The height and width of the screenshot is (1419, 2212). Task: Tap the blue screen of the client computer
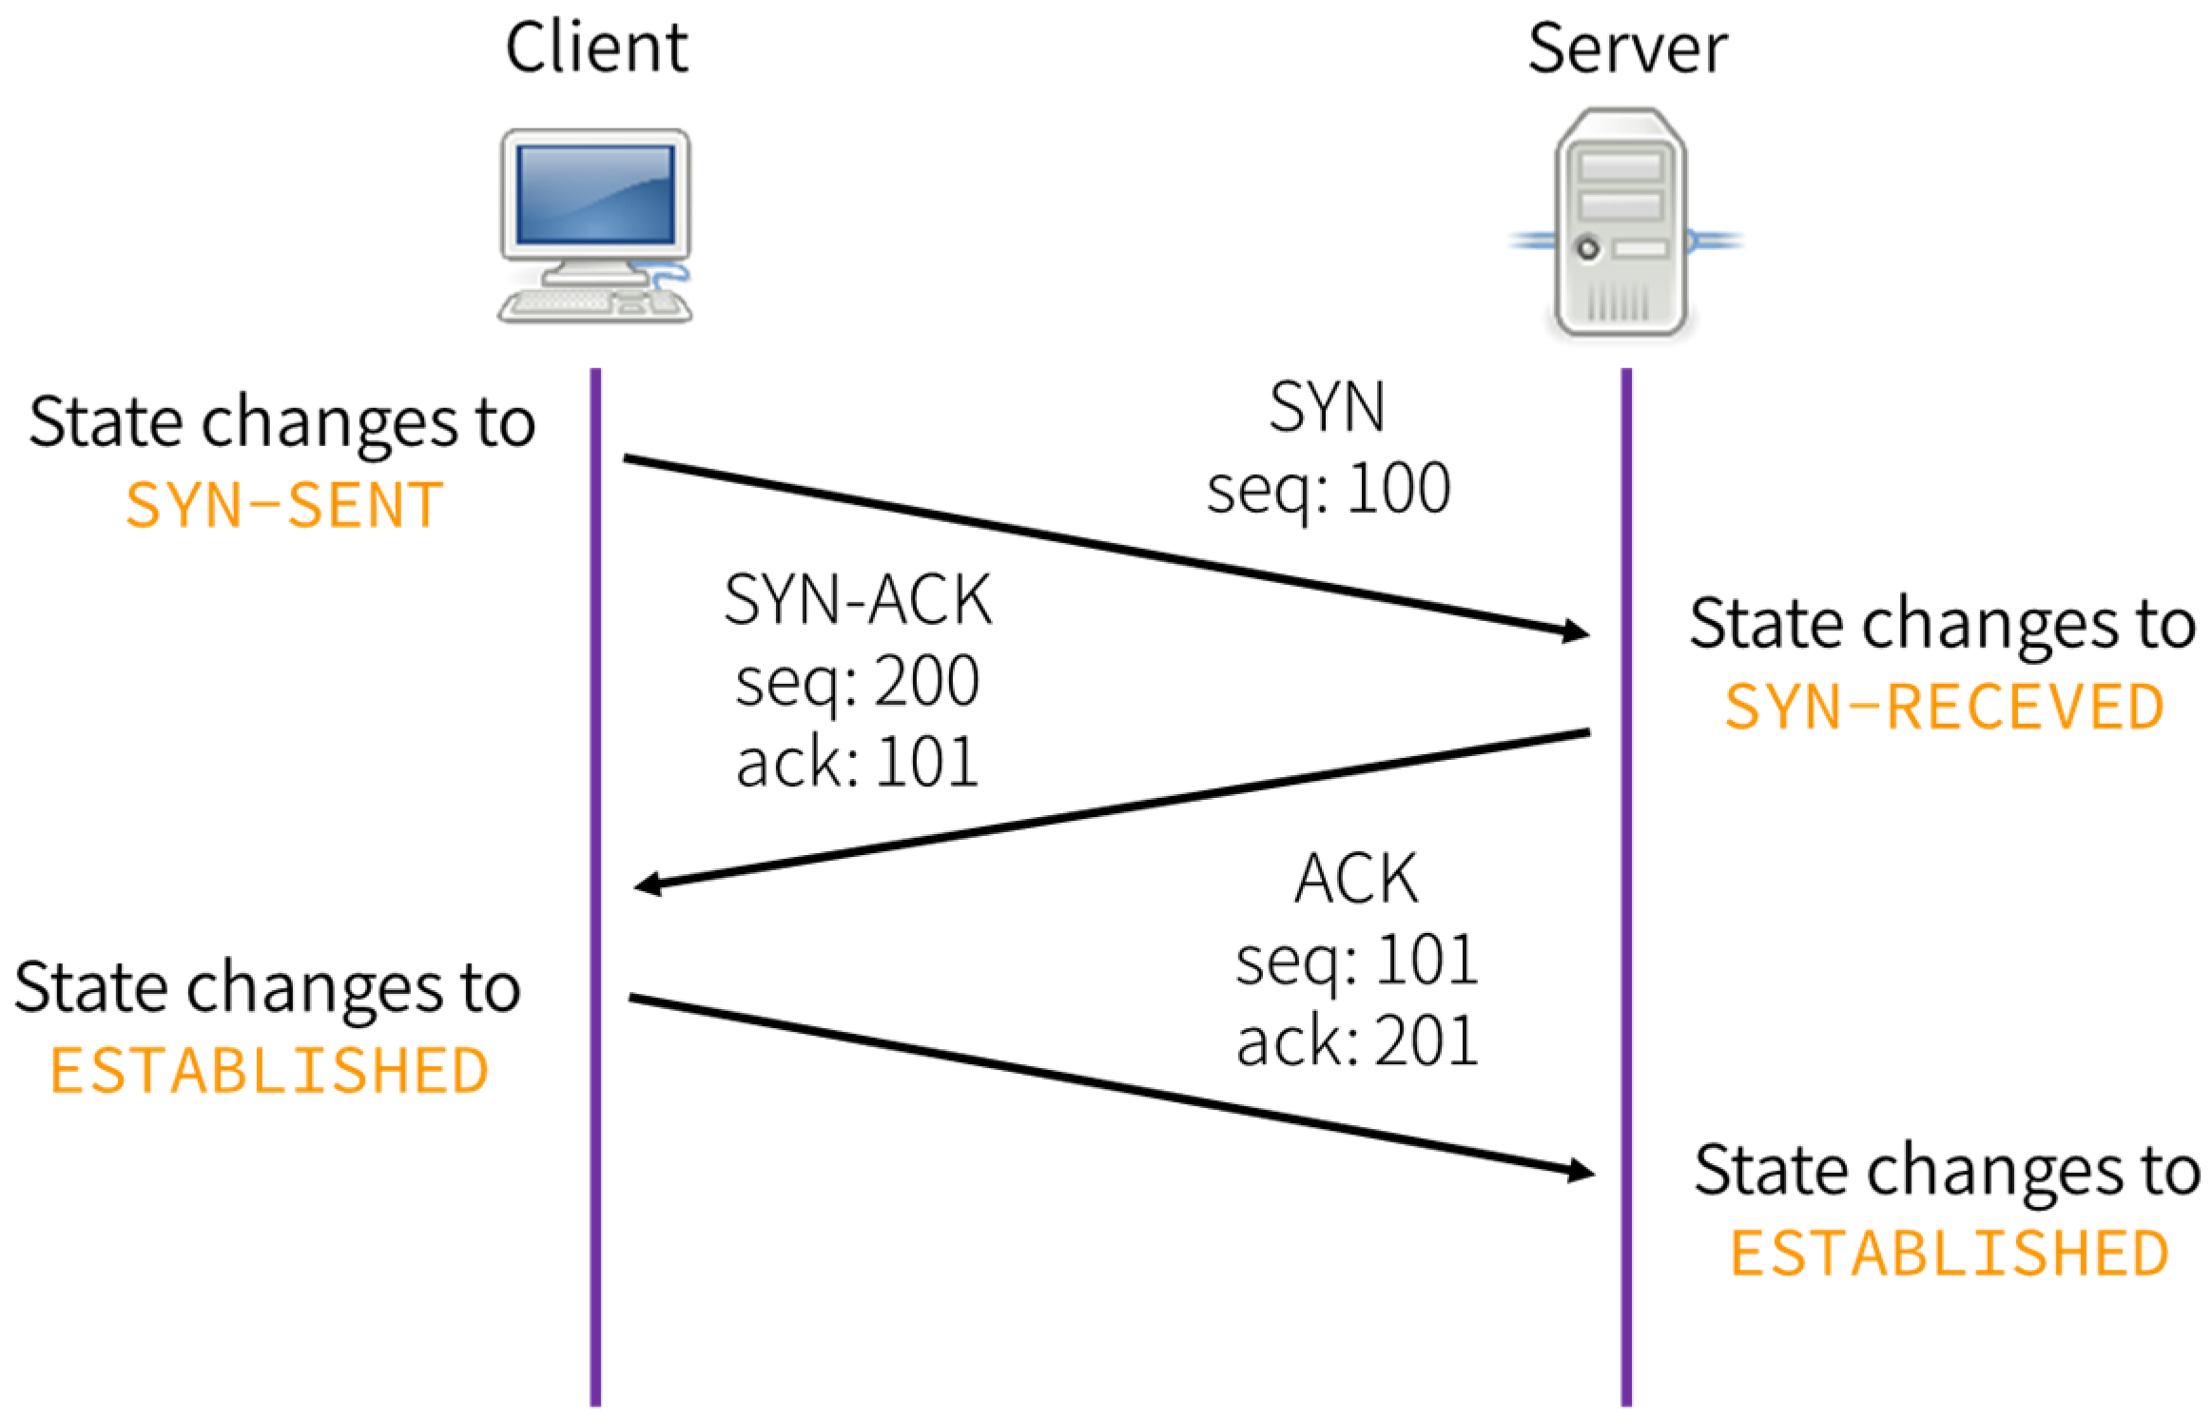click(595, 194)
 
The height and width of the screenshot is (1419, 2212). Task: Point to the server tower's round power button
click(1587, 248)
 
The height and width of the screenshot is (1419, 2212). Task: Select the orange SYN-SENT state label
click(283, 504)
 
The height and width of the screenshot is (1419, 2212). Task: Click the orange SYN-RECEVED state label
click(1943, 707)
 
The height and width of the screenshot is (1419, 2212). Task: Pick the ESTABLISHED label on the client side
click(269, 1070)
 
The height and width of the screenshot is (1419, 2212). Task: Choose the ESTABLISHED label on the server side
click(1948, 1253)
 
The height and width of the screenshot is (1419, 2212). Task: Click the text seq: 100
click(1328, 489)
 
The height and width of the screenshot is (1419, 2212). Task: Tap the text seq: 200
click(856, 681)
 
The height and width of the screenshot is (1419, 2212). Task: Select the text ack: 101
click(856, 762)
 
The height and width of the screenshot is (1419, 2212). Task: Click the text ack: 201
click(1356, 1040)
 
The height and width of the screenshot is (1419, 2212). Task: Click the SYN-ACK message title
click(857, 599)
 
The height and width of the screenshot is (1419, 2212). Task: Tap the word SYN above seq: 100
click(1327, 407)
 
